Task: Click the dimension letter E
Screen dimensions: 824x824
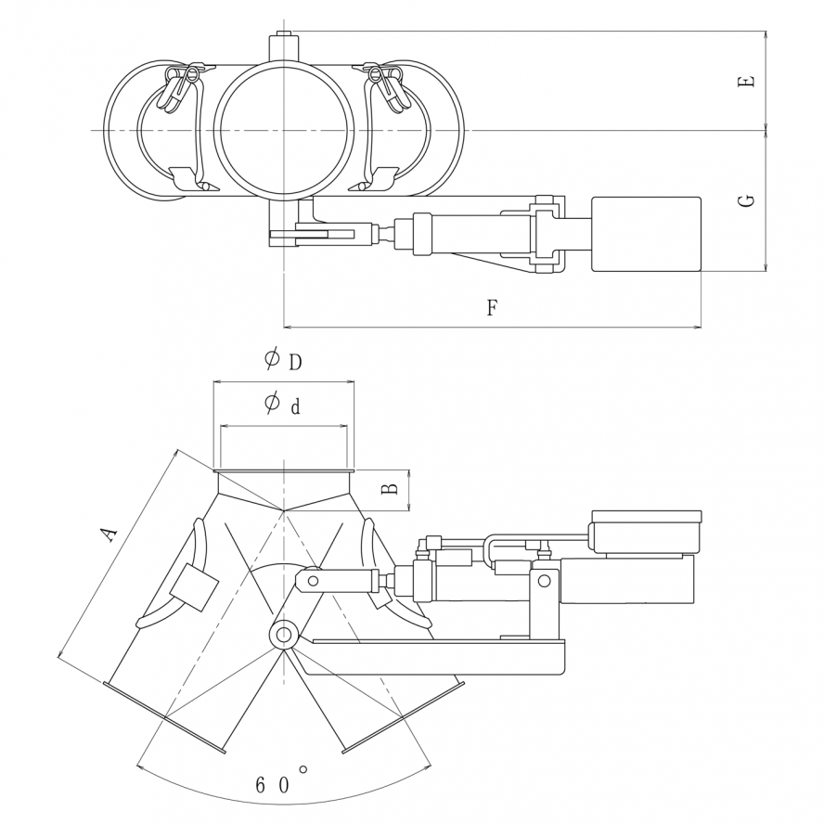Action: tap(746, 82)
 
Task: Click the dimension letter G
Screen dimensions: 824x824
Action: tap(746, 200)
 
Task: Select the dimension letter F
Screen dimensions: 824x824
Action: tap(492, 307)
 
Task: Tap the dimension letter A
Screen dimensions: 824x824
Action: tap(109, 534)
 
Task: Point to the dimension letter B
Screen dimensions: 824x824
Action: tap(389, 489)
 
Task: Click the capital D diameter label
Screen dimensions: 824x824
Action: tap(296, 362)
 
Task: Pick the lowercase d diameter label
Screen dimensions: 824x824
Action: tap(296, 406)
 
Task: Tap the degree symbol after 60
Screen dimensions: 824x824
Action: tap(303, 770)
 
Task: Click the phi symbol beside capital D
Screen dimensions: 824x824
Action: tap(272, 359)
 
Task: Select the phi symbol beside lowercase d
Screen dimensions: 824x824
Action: tap(272, 404)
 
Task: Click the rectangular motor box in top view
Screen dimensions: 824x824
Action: tap(647, 235)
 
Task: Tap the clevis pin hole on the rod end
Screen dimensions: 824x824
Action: tap(314, 581)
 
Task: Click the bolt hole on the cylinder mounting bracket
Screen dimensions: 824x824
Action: tap(545, 581)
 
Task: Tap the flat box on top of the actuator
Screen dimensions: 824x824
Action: tap(647, 531)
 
